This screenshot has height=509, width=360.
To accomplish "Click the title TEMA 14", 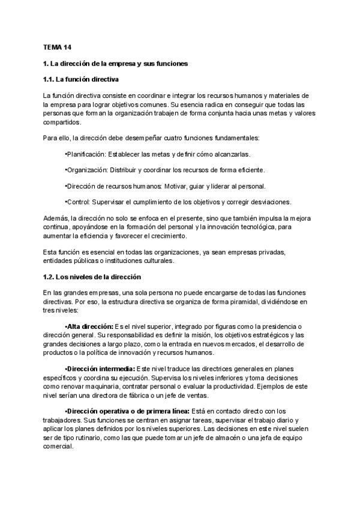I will tap(58, 47).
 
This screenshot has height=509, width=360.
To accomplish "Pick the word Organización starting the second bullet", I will tap(85, 170).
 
